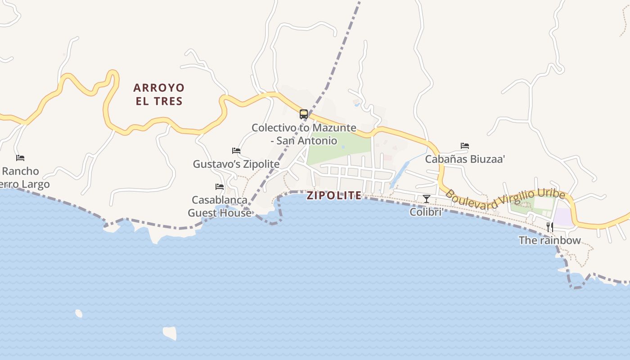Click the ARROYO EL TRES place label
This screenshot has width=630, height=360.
click(159, 94)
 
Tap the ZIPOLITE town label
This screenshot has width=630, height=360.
click(334, 195)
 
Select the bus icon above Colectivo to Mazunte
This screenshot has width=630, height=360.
click(304, 114)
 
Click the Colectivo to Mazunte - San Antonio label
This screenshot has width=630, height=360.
click(304, 134)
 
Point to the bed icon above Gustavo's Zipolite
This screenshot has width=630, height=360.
click(236, 151)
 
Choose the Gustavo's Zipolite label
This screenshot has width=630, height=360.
click(236, 164)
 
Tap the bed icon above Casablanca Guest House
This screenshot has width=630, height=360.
click(220, 186)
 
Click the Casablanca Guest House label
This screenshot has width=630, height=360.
click(220, 206)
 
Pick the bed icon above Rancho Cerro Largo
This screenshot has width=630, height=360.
click(20, 158)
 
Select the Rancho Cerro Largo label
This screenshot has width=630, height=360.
click(22, 178)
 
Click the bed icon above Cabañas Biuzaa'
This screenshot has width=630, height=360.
click(465, 146)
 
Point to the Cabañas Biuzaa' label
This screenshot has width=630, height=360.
click(465, 159)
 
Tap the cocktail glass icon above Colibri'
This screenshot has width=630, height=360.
click(427, 198)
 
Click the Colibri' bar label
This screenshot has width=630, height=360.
click(426, 212)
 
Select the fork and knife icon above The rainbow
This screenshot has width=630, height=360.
click(549, 227)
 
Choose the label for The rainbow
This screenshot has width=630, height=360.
click(549, 240)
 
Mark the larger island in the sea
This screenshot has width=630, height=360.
click(170, 333)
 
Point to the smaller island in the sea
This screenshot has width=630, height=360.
click(79, 313)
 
